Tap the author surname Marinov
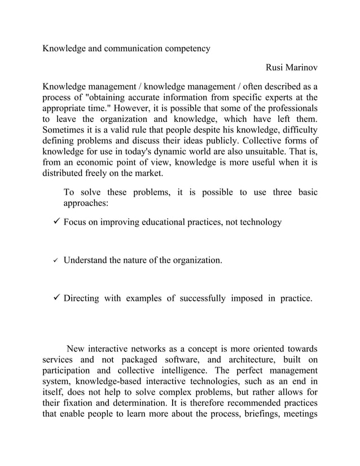pos(299,68)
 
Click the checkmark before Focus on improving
pos(56,222)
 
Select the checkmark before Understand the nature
pos(56,261)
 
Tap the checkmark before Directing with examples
pos(56,298)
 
